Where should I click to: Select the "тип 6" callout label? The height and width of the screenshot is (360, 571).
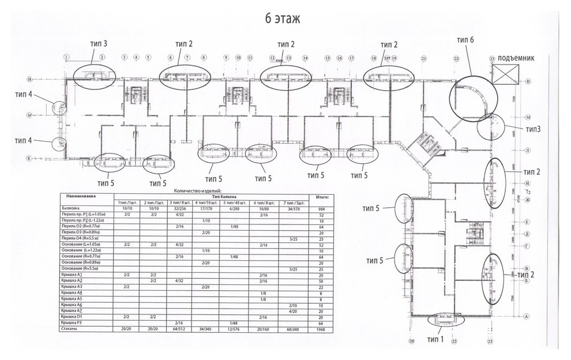coord(465,40)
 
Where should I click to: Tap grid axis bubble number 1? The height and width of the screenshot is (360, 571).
coord(67,57)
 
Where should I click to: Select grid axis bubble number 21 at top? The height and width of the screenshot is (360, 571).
coord(423,58)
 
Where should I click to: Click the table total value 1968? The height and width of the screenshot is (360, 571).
coord(319,330)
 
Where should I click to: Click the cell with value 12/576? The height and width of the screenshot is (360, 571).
coord(235,330)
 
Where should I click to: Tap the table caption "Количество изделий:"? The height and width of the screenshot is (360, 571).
coord(196,190)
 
